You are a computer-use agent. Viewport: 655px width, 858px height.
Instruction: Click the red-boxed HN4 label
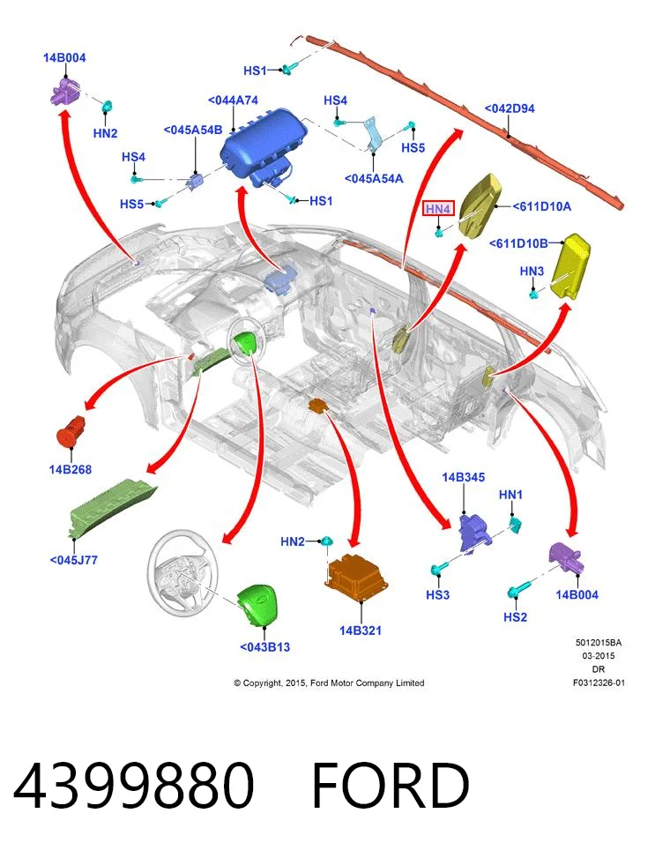tap(438, 208)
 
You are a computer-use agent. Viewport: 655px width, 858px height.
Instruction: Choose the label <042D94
tap(510, 108)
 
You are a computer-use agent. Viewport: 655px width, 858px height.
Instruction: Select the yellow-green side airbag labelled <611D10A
tap(481, 205)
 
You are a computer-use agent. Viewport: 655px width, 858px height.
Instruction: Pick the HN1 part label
tap(510, 495)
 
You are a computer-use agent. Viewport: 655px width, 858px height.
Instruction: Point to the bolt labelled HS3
tap(440, 567)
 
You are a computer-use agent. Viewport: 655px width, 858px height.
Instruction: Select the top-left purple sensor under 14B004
tap(64, 91)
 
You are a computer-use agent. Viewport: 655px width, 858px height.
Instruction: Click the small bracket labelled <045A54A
tap(375, 133)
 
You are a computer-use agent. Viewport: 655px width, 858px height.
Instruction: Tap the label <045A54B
tap(193, 130)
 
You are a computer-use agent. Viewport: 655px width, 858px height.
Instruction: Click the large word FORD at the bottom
tap(391, 786)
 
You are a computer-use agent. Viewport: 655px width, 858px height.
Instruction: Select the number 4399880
tap(134, 786)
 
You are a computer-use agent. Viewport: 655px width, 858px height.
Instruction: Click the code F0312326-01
tap(599, 683)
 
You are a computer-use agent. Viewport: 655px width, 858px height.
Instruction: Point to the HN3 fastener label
tap(532, 271)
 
